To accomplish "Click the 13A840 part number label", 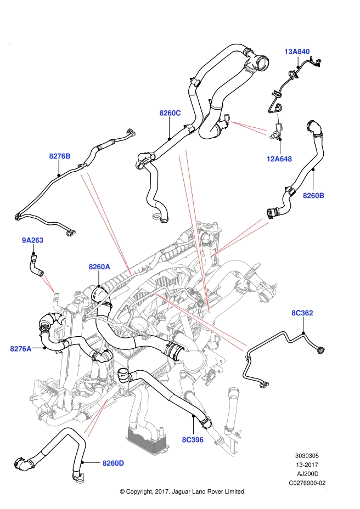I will [x=296, y=52].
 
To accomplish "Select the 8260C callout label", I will [x=170, y=113].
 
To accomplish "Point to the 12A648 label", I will [x=279, y=159].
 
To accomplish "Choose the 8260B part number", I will [x=313, y=195].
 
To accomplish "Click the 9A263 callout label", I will [x=33, y=240].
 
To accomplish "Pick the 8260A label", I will [x=99, y=267].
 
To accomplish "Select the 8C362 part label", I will [x=302, y=313].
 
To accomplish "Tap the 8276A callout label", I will [x=21, y=348].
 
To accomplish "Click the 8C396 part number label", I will [x=193, y=439].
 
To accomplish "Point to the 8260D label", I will [x=114, y=463].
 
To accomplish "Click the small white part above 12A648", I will [x=277, y=118].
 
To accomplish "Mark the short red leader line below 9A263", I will [x=48, y=284].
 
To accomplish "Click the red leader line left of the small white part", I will [x=249, y=127].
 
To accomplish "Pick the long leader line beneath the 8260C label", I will [x=194, y=230].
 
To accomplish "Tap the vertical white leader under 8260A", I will [x=99, y=279].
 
